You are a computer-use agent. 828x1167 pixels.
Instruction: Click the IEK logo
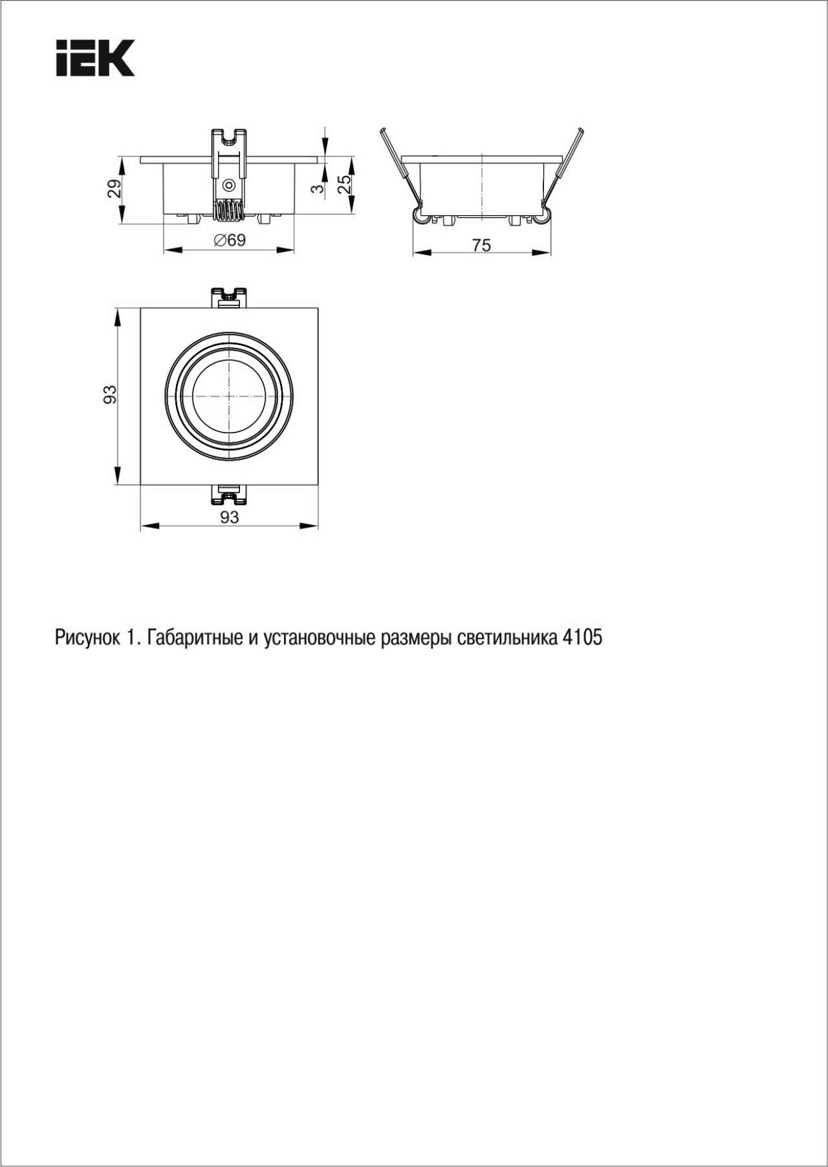pos(95,58)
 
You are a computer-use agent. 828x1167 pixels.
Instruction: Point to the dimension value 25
pos(345,185)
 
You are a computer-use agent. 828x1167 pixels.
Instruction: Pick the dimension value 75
pos(481,246)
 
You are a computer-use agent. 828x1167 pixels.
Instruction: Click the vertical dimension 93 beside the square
pos(111,394)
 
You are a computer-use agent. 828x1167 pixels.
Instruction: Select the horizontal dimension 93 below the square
pos(230,517)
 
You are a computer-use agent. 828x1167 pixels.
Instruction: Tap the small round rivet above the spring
pos(228,186)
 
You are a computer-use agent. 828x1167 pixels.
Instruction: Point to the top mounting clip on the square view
pos(229,298)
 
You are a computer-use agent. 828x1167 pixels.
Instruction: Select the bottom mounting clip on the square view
pos(229,494)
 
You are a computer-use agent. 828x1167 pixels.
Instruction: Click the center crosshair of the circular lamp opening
pos(230,396)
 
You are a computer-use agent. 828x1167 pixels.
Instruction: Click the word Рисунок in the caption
pos(87,638)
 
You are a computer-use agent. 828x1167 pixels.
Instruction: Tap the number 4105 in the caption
pos(582,638)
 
